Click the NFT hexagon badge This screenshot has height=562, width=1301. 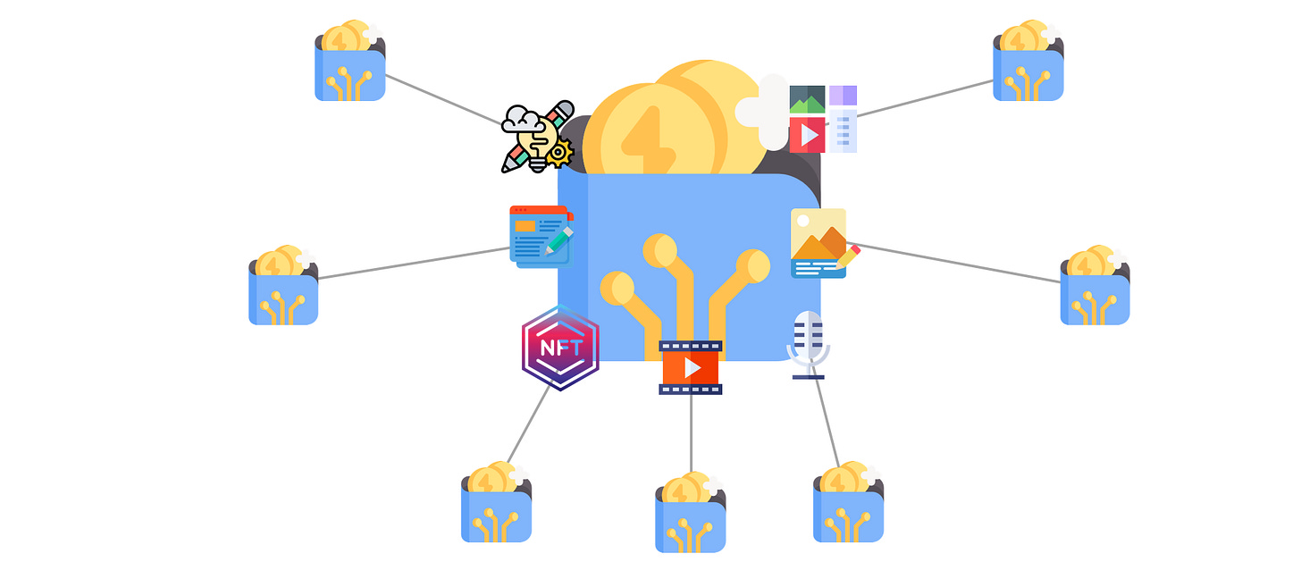(560, 348)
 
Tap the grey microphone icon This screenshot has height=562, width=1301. (808, 344)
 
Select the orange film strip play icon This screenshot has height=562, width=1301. (690, 367)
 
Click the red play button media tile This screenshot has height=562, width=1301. (808, 135)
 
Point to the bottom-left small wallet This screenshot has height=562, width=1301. (497, 506)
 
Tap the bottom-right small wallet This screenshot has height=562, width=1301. (849, 506)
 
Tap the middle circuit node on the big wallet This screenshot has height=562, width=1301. (659, 251)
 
